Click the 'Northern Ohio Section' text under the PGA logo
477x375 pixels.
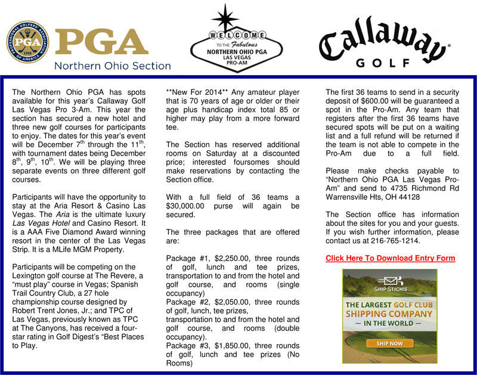[113, 66]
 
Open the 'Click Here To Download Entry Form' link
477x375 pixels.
[390, 258]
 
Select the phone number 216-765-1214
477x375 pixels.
[394, 241]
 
